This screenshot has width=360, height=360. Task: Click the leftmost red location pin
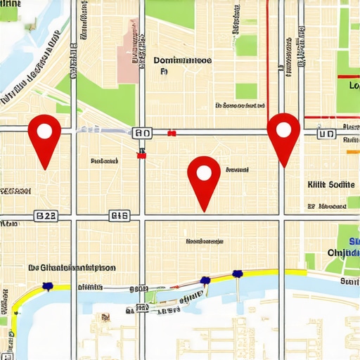click(x=44, y=135)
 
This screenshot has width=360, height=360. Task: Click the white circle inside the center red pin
click(x=204, y=172)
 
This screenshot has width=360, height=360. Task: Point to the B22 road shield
click(x=46, y=216)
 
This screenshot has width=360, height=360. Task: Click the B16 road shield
click(x=119, y=216)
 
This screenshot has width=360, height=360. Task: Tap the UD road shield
click(x=326, y=133)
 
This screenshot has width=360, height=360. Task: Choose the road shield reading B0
click(x=141, y=133)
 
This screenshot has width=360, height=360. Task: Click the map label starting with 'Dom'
click(x=182, y=61)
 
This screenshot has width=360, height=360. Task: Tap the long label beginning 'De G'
click(x=72, y=267)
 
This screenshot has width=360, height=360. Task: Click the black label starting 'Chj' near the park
click(x=343, y=252)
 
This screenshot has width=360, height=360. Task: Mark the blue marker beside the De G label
click(x=48, y=285)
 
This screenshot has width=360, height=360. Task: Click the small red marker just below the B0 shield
click(x=141, y=155)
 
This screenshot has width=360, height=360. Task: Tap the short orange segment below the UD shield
click(x=353, y=150)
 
